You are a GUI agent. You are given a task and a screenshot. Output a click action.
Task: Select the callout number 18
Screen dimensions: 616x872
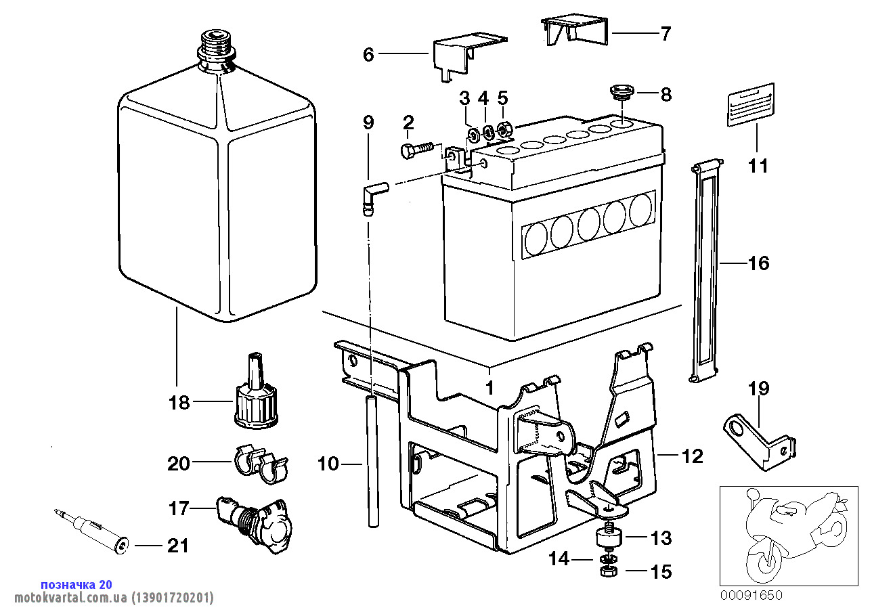click(x=179, y=403)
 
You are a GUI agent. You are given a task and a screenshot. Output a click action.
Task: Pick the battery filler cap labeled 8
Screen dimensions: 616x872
click(x=621, y=91)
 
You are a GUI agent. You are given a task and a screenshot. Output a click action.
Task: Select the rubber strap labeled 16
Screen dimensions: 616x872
click(x=704, y=271)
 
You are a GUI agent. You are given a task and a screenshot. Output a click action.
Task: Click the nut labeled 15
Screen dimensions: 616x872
click(x=607, y=572)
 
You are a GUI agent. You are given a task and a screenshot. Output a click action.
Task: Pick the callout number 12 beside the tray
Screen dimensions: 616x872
click(x=693, y=457)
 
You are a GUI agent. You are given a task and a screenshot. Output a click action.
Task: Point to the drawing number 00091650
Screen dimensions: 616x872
click(x=750, y=596)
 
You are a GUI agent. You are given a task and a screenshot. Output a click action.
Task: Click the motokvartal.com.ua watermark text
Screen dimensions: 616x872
click(x=108, y=598)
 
